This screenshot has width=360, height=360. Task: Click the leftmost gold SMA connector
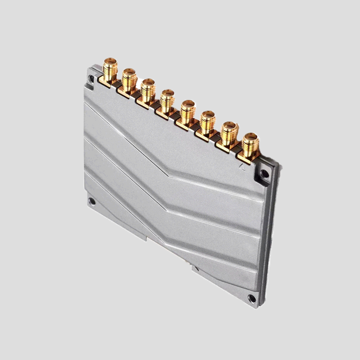pos(109,71)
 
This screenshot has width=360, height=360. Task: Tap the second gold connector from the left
pos(128,80)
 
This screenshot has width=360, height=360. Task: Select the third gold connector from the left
pos(147,90)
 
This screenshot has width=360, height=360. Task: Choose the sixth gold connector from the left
pos(207,121)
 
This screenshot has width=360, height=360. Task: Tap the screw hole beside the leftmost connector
pos(92,79)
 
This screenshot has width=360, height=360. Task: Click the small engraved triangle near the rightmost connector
pos(243,166)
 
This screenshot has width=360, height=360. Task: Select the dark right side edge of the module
pos(271,234)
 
